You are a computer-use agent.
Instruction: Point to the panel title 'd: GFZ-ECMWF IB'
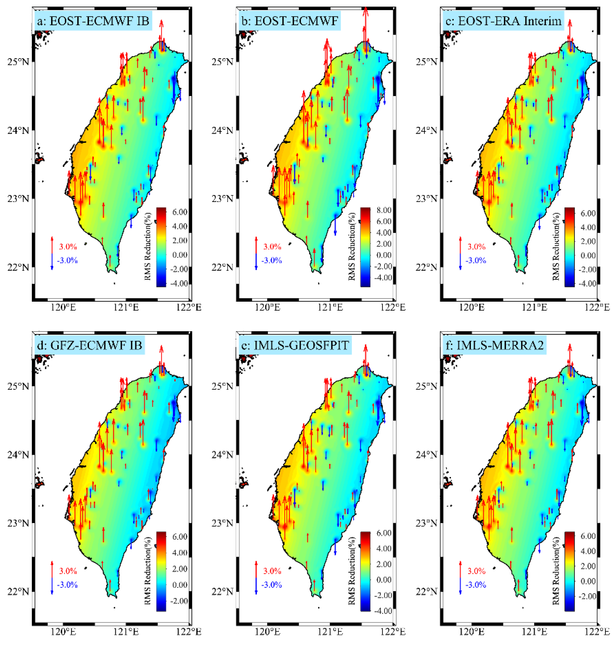click(89, 345)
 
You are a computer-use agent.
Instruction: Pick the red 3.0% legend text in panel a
click(68, 246)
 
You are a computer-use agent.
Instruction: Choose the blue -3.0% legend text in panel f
click(476, 584)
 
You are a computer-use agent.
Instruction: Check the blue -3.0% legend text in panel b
click(271, 261)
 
